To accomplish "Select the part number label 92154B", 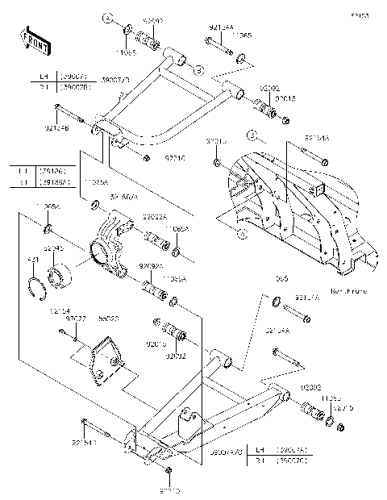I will point(56,127).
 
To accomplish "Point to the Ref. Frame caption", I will point(349,290).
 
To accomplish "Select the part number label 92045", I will point(53,249).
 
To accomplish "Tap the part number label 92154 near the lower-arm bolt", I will point(59,310).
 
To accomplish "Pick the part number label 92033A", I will point(155,218).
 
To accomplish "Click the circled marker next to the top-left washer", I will point(106,16).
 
